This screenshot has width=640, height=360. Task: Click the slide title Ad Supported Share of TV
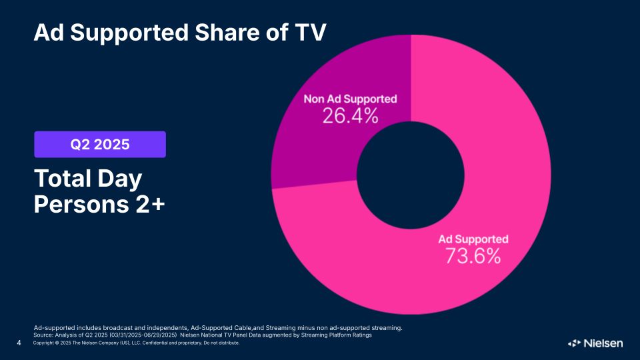[180, 31]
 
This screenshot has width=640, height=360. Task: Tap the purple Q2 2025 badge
[100, 144]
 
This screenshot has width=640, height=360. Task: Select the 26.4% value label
[350, 116]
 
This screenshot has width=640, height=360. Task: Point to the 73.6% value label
[473, 255]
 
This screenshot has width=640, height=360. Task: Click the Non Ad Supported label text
[350, 99]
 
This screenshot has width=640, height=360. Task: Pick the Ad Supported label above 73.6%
[473, 239]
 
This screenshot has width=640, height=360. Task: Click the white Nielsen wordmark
[603, 343]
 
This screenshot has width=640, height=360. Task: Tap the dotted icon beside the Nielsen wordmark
[575, 343]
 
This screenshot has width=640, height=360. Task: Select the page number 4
[19, 343]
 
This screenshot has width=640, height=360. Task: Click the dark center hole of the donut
[411, 175]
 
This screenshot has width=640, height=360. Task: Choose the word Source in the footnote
[45, 335]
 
